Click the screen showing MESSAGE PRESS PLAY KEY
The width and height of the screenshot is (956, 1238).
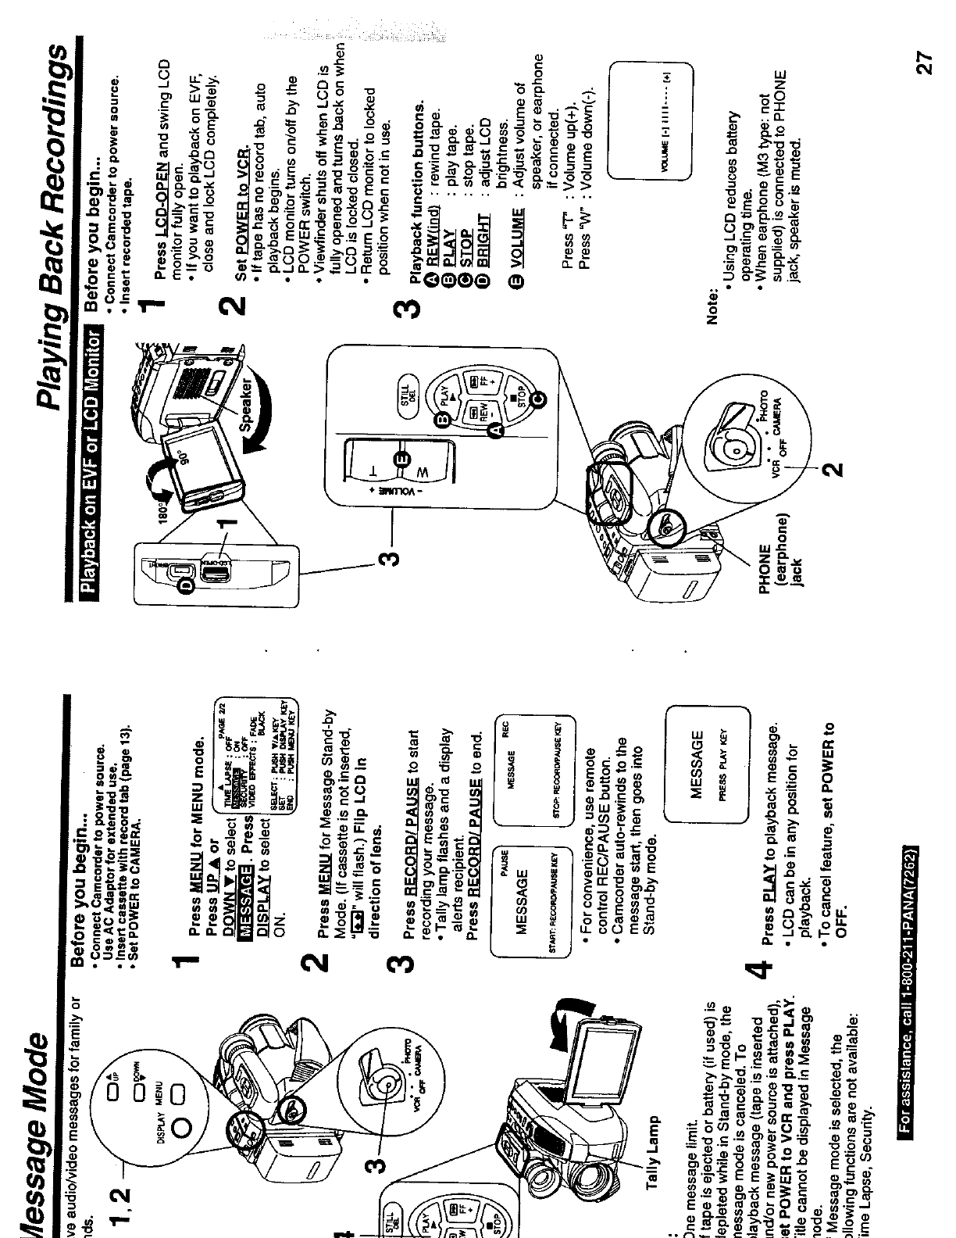pos(706,765)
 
